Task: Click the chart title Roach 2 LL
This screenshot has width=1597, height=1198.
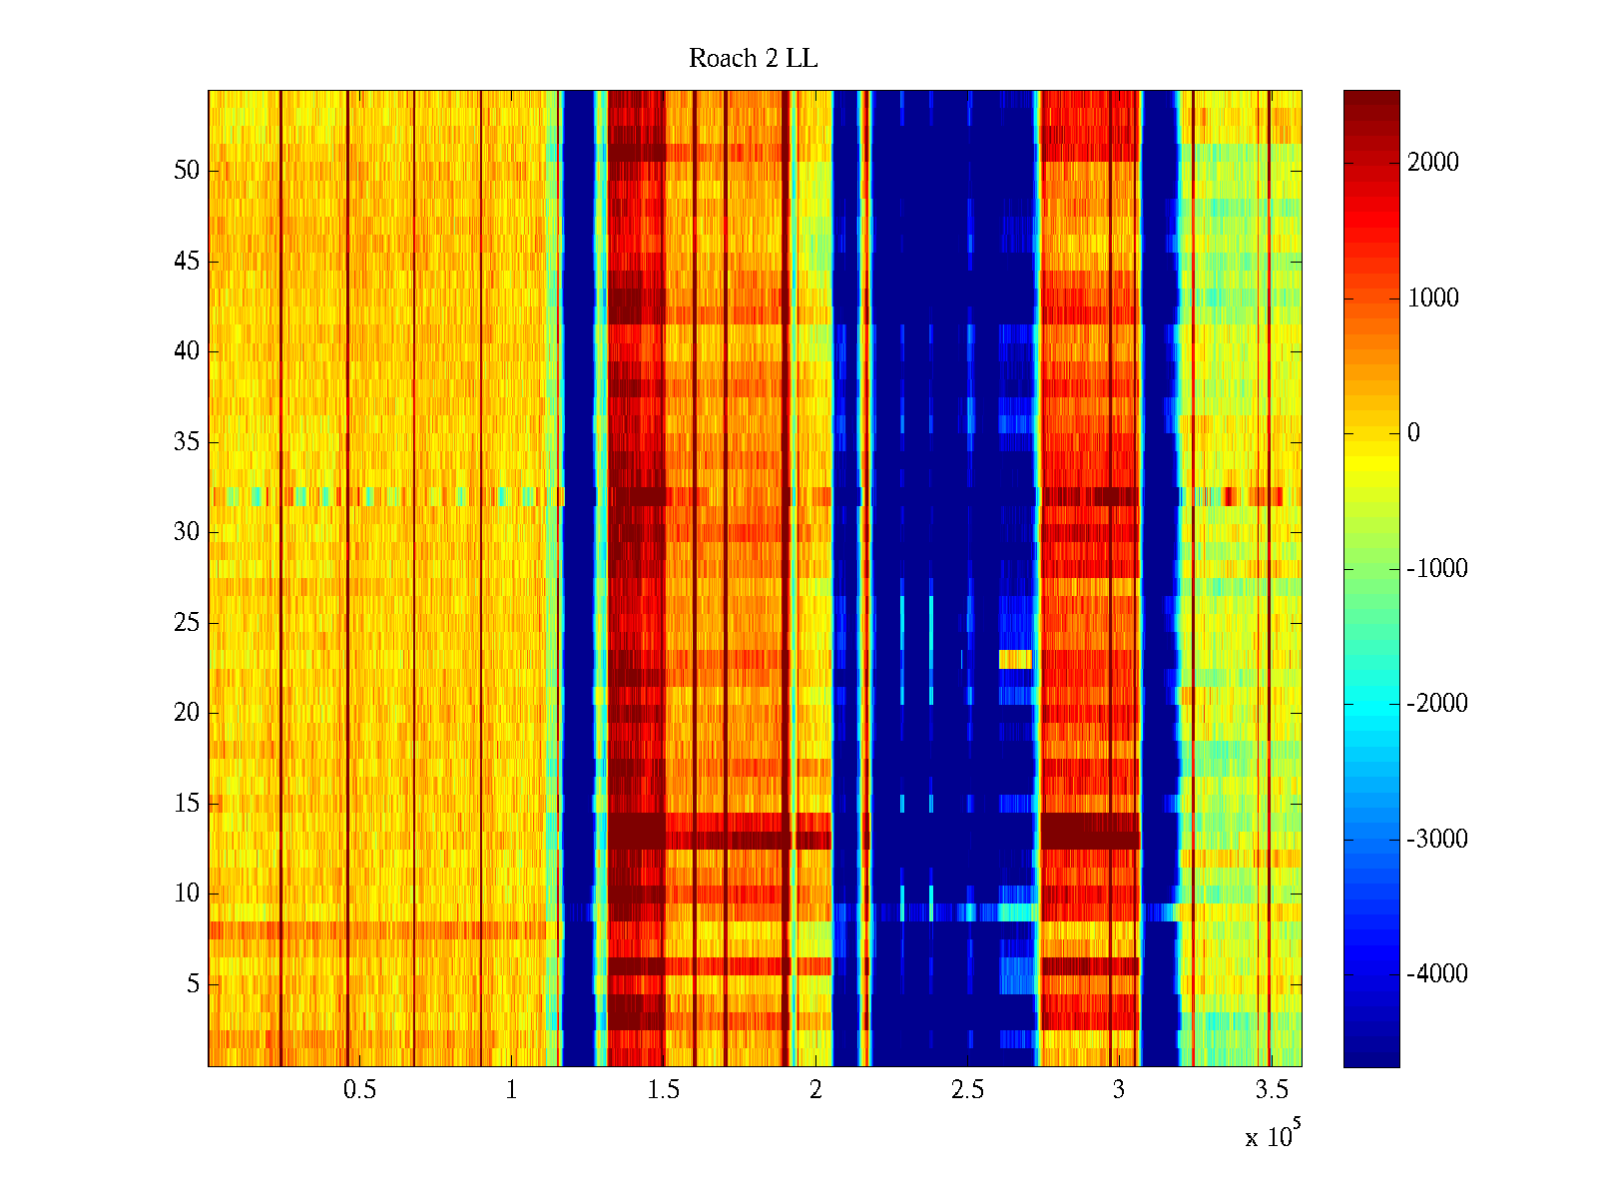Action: [753, 59]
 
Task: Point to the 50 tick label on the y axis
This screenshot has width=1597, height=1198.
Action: [187, 171]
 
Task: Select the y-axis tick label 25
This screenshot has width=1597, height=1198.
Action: [187, 623]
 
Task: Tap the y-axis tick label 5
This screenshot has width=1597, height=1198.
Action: [193, 984]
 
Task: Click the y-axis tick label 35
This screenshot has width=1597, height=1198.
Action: [187, 442]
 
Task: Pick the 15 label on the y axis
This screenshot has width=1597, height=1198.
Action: [187, 804]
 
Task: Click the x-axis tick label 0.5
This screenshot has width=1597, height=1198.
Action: [359, 1090]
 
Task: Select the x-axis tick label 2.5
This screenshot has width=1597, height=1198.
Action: [967, 1090]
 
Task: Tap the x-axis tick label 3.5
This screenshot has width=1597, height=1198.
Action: [1271, 1090]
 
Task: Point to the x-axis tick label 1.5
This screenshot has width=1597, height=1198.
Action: [664, 1090]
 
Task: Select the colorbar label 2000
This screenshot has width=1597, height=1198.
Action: [1433, 163]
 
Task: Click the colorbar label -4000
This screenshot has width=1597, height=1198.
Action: [1437, 974]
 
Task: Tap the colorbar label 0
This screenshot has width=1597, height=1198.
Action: [1413, 433]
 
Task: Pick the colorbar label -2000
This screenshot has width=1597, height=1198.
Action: [1437, 704]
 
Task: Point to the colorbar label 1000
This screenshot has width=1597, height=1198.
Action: [1433, 299]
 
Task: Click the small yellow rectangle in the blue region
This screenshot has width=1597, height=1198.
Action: [1015, 659]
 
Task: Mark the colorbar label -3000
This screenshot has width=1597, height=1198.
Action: [1437, 840]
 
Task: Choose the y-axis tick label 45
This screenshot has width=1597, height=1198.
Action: [187, 262]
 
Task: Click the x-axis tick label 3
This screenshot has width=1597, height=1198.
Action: [1118, 1090]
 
